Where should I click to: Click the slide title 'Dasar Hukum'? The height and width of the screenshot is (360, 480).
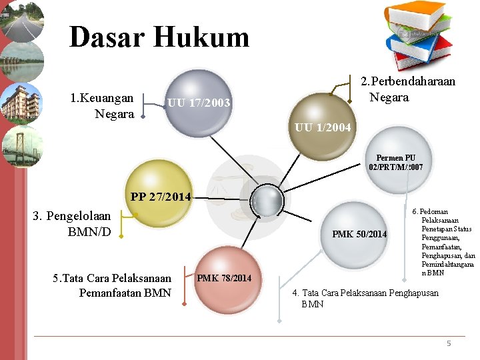159,37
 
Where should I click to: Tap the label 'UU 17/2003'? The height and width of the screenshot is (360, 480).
199,103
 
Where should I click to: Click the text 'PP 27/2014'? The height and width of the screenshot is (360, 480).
161,197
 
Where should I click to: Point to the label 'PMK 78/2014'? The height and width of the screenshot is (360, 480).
224,277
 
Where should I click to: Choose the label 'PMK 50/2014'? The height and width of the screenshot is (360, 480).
359,234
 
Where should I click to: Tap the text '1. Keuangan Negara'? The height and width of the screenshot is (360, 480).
101,106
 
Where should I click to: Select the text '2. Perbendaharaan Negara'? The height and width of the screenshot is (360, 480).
407,89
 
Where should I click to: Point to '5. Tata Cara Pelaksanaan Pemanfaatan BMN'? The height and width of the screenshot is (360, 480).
112,285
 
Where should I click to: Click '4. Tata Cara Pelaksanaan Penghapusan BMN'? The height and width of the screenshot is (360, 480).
365,298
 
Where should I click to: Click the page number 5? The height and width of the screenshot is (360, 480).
449,343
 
